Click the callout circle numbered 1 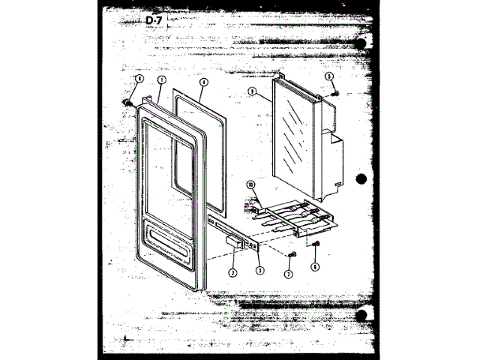tap(161, 79)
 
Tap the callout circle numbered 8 tap(253, 94)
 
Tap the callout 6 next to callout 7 tap(315, 266)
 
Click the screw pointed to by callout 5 tap(333, 92)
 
